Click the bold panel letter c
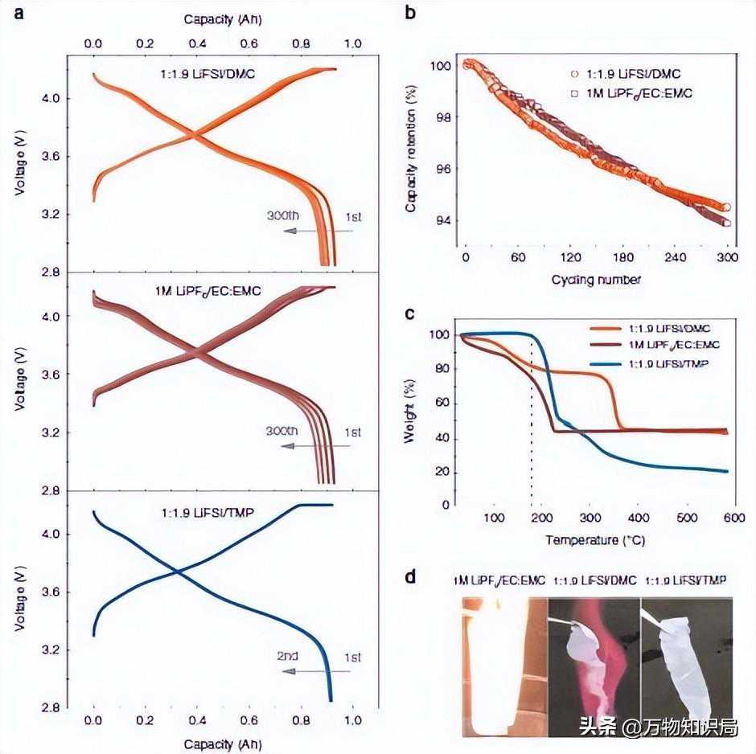pyautogui.click(x=410, y=313)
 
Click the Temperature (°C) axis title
pyautogui.click(x=594, y=539)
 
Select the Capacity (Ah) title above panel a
pyautogui.click(x=223, y=18)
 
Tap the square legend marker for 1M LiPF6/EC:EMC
pyautogui.click(x=573, y=93)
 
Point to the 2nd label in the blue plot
pyautogui.click(x=287, y=656)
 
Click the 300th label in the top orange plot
pyautogui.click(x=283, y=215)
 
